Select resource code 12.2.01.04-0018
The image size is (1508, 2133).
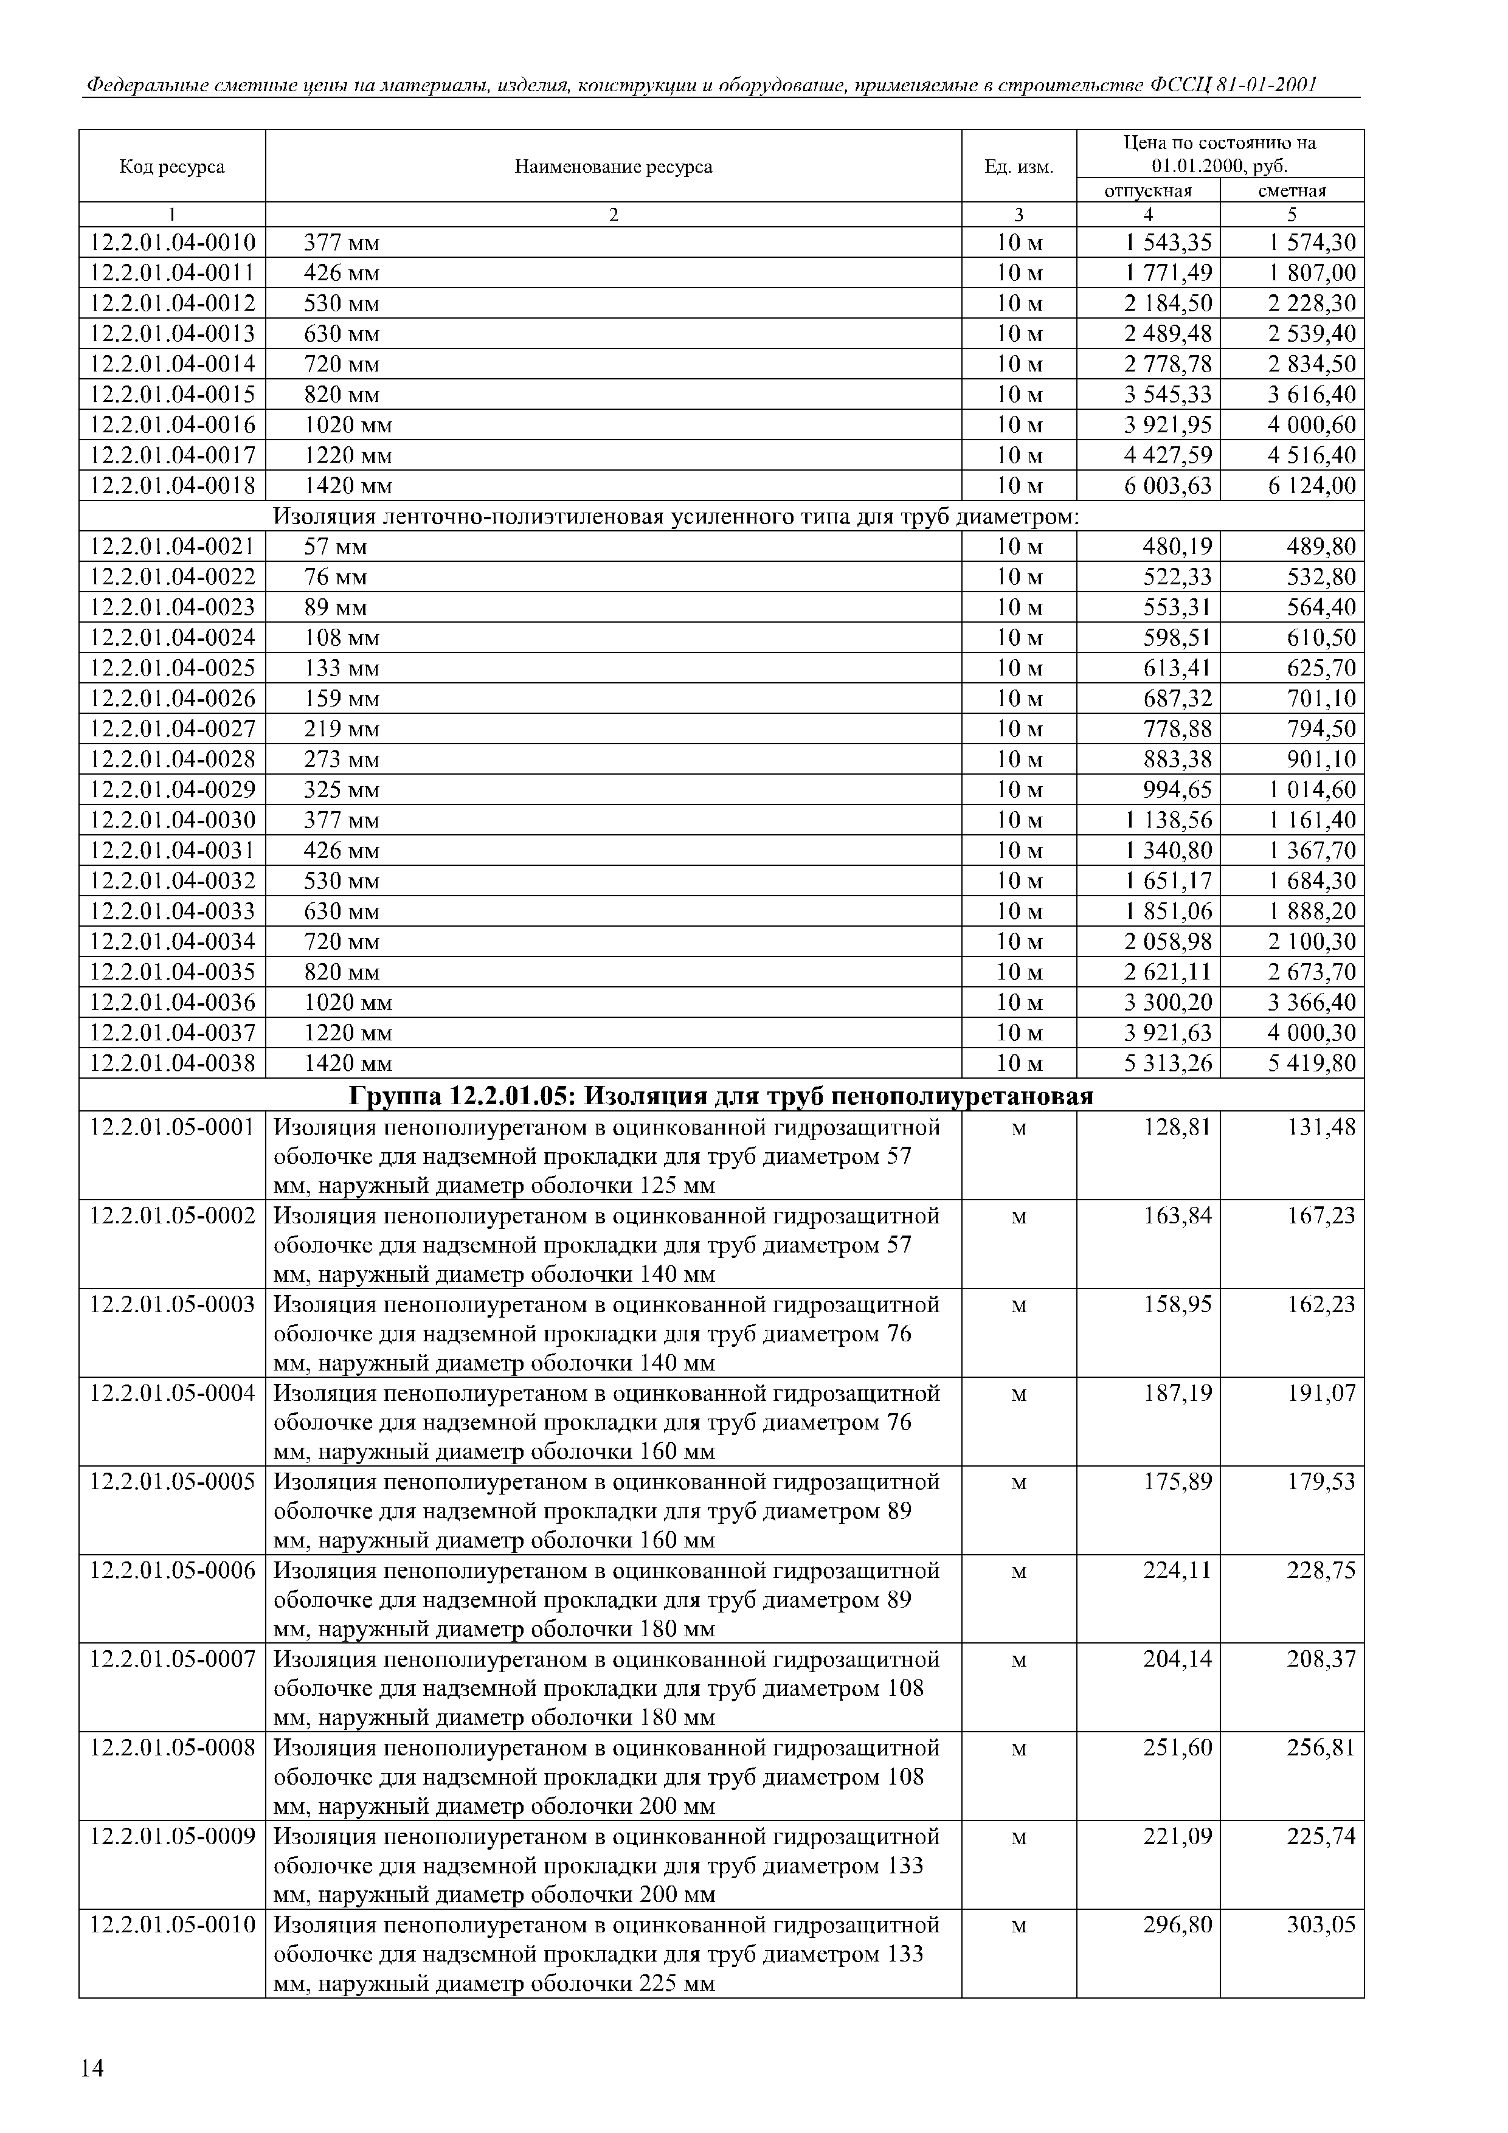pyautogui.click(x=172, y=486)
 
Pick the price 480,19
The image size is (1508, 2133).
pyautogui.click(x=1177, y=546)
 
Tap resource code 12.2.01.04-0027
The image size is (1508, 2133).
pyautogui.click(x=172, y=728)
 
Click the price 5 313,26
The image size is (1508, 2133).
pyautogui.click(x=1168, y=1063)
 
